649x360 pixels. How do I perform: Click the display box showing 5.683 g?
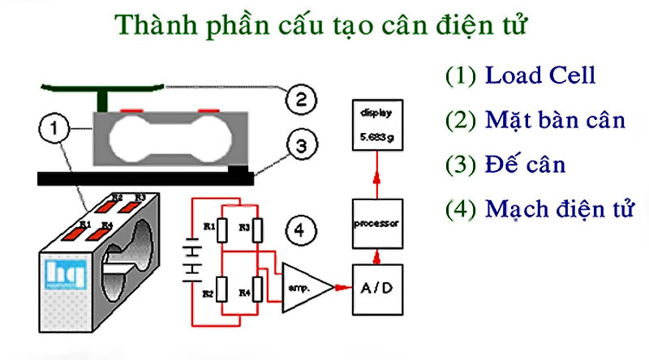[x=374, y=126]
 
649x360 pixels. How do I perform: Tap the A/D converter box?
[x=374, y=289]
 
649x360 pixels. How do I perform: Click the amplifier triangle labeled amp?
[x=304, y=289]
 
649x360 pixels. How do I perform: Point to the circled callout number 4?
[x=299, y=233]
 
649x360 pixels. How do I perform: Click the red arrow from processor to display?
[x=374, y=174]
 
